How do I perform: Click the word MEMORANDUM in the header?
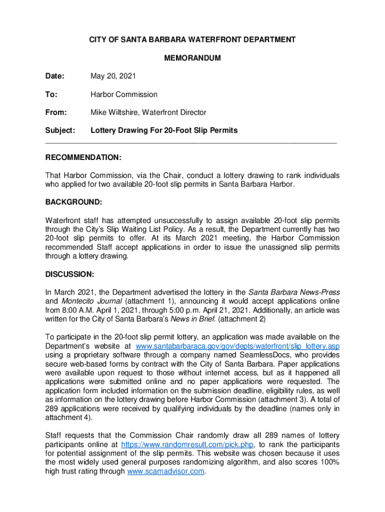pyautogui.click(x=192, y=58)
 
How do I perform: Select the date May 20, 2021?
pyautogui.click(x=113, y=76)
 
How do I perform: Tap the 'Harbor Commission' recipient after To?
pyautogui.click(x=124, y=94)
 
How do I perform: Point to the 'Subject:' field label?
pyautogui.click(x=60, y=130)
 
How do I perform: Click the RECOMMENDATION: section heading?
pyautogui.click(x=83, y=157)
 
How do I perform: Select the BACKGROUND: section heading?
pyautogui.click(x=74, y=202)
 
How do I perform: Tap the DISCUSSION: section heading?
pyautogui.click(x=70, y=274)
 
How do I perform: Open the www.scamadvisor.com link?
pyautogui.click(x=166, y=471)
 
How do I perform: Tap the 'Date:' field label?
pyautogui.click(x=55, y=76)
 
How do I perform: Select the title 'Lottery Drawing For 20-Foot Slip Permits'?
pyautogui.click(x=164, y=130)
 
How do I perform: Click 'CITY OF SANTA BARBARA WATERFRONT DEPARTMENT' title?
pyautogui.click(x=192, y=39)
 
